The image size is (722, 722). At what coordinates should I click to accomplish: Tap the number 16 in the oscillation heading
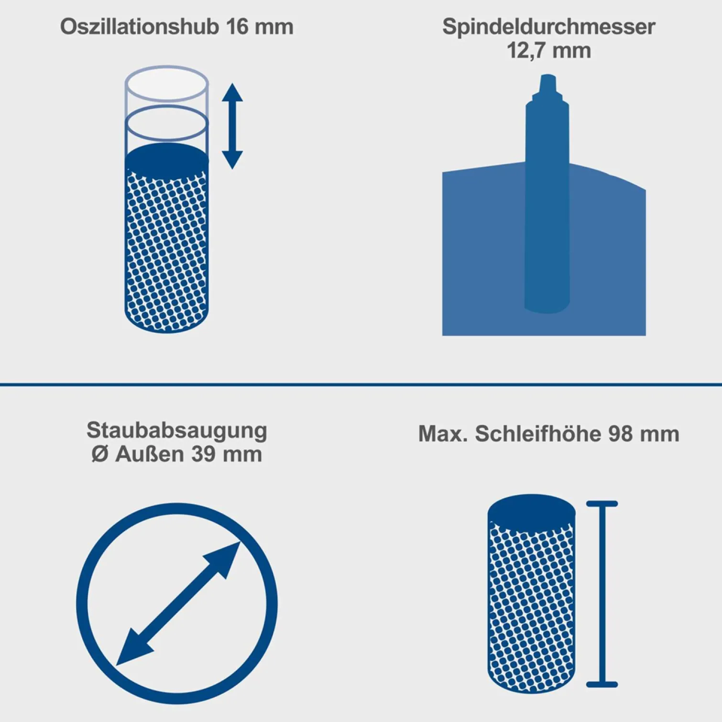[x=238, y=26]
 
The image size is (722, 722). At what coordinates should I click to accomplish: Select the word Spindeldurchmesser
[x=548, y=26]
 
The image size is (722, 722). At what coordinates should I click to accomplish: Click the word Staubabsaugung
[x=176, y=430]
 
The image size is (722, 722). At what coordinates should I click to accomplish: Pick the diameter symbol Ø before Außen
[x=100, y=454]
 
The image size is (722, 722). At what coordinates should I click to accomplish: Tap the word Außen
[x=150, y=454]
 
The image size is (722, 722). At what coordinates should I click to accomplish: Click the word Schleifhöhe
[x=538, y=434]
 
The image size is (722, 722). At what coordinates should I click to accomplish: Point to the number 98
[x=620, y=434]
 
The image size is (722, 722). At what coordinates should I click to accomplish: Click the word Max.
[x=443, y=434]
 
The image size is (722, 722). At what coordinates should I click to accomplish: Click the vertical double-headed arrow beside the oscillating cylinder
[x=232, y=126]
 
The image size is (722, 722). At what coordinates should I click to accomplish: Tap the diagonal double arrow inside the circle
[x=178, y=603]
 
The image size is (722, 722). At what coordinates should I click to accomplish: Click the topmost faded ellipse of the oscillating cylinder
[x=167, y=83]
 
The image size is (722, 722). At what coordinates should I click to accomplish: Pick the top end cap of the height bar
[x=602, y=504]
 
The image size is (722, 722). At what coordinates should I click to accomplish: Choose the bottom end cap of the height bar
[x=602, y=684]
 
